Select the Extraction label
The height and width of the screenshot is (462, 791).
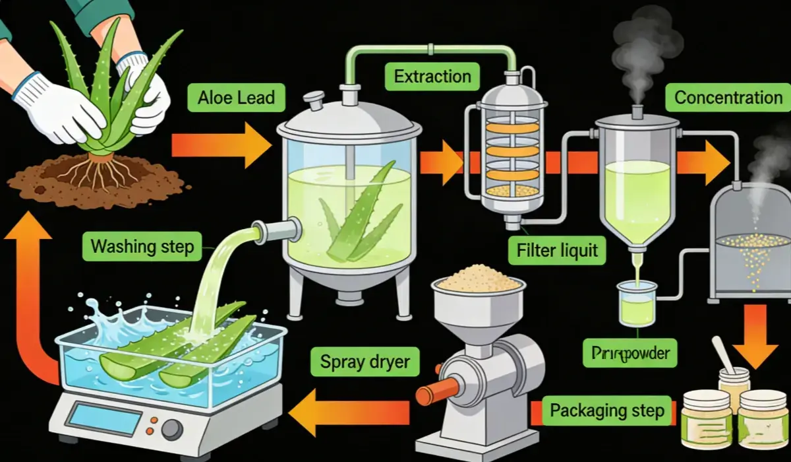[x=432, y=77]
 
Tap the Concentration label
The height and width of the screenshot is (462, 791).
[x=728, y=98]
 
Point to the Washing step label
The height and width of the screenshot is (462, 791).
[x=142, y=247]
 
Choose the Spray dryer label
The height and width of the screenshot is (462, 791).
[x=365, y=361]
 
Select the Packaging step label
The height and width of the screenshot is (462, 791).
[x=606, y=411]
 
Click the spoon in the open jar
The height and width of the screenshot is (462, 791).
[x=725, y=355]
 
